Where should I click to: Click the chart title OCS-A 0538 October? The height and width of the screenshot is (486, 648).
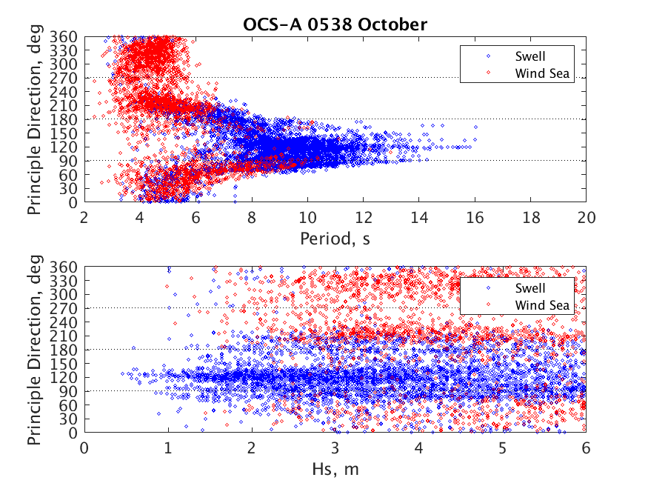335,24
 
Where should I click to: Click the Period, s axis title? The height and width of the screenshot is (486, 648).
335,239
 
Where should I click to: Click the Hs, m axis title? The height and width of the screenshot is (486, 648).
335,470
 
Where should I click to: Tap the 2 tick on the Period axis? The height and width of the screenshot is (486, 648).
84,217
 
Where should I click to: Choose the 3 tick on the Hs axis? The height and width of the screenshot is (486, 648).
335,447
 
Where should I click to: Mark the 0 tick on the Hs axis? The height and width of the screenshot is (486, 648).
84,447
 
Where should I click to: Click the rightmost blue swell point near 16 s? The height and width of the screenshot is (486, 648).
475,127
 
